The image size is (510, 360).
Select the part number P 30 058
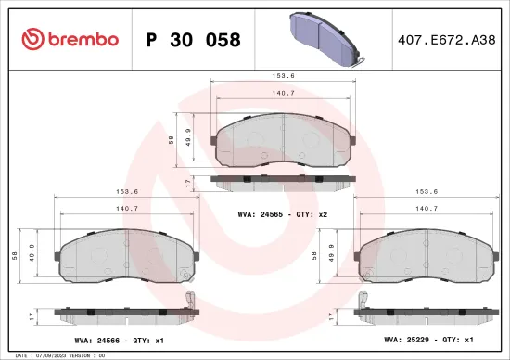coord(193,40)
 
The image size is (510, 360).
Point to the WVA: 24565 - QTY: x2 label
coord(283,213)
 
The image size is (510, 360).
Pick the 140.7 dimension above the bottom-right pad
coord(427,209)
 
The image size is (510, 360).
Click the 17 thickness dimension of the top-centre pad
coord(190,185)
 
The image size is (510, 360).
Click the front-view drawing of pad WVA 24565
coord(283,141)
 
